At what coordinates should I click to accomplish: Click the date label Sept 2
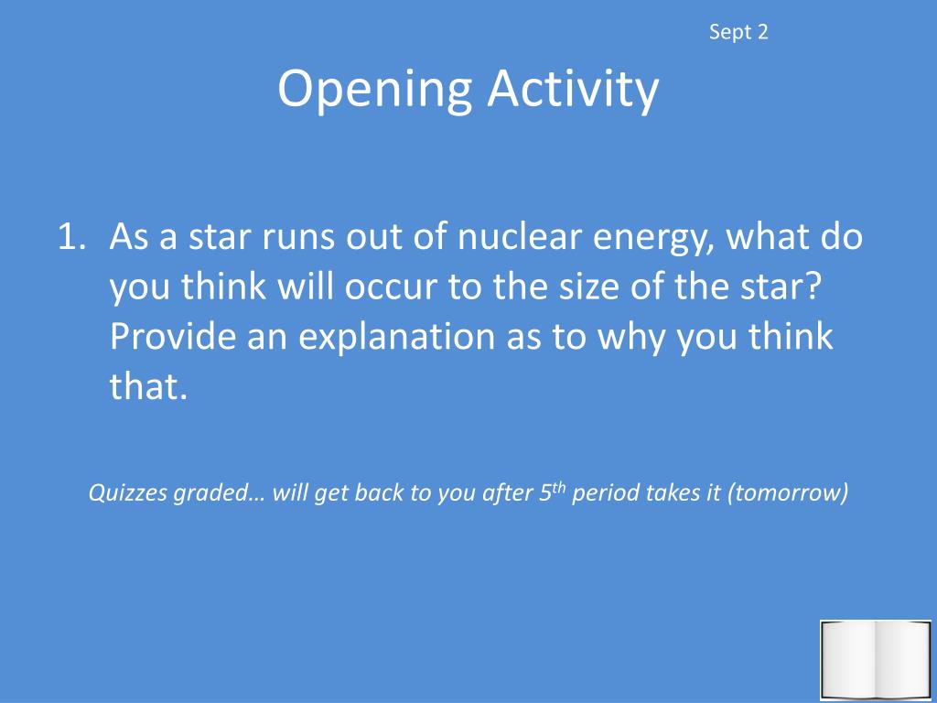coord(738,33)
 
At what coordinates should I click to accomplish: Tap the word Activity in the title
coord(572,90)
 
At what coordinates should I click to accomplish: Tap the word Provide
coord(174,337)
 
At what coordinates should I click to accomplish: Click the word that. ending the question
coord(148,386)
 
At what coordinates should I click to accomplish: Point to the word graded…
coord(219,494)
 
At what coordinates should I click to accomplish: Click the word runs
coord(296,239)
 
